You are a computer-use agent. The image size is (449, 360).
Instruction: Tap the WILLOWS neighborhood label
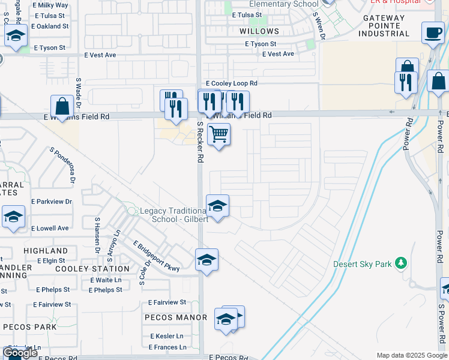[x=259, y=31]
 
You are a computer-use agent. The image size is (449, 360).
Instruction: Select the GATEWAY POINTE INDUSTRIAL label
[x=384, y=26]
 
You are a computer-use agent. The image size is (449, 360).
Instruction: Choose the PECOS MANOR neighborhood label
[x=175, y=317]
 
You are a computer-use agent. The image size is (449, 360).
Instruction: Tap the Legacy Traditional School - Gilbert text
[x=174, y=215]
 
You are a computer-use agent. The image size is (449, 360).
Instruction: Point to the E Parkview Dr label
[x=52, y=202]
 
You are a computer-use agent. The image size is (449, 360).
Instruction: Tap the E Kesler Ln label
[x=167, y=336]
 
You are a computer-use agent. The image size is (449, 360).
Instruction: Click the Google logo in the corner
[x=20, y=353]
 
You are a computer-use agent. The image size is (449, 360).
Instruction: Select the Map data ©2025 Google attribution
[x=412, y=355]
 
